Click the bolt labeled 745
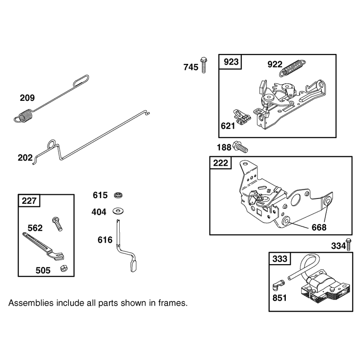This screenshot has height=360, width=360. [x=203, y=65]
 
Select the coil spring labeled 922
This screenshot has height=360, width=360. [x=292, y=68]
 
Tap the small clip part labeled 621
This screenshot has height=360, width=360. [x=242, y=117]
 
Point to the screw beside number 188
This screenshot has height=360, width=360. [x=240, y=147]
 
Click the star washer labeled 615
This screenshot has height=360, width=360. [x=118, y=195]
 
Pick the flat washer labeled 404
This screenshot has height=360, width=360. [x=118, y=211]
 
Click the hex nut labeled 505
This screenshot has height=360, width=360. [x=63, y=268]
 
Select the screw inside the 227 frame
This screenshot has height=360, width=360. [x=58, y=224]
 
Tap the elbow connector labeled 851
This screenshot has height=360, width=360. [x=279, y=284]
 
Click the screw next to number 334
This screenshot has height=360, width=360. [x=348, y=244]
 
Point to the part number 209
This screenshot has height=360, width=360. [x=27, y=98]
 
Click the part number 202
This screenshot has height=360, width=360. [x=25, y=158]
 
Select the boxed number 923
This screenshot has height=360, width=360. [x=231, y=62]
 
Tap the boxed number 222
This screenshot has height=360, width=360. [x=220, y=163]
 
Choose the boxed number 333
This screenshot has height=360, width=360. [x=279, y=259]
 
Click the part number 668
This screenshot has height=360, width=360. [x=319, y=227]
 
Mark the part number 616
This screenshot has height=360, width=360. [x=105, y=240]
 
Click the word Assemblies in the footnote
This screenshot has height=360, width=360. [x=31, y=303]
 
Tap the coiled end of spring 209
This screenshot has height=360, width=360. [x=24, y=117]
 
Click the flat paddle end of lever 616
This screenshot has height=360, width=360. [x=134, y=266]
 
